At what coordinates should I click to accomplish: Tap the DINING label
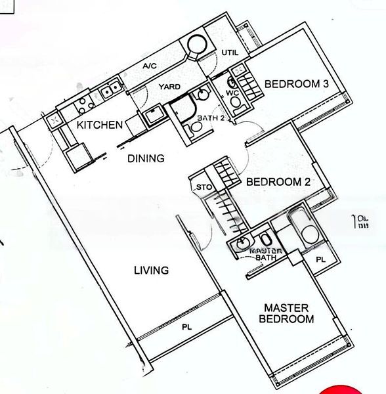145,158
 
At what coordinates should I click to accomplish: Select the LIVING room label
152,270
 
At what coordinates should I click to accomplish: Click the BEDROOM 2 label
278,183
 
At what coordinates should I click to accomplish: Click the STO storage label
203,187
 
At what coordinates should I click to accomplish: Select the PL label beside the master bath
320,260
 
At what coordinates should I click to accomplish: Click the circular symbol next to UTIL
196,46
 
